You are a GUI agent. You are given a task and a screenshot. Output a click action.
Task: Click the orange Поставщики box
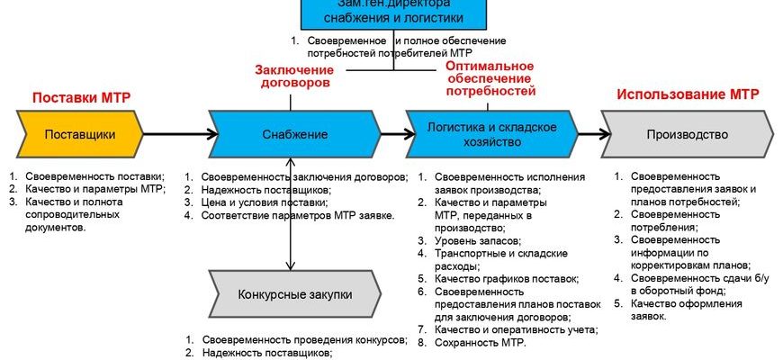79,135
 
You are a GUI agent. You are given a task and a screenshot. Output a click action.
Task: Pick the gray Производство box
687,135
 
